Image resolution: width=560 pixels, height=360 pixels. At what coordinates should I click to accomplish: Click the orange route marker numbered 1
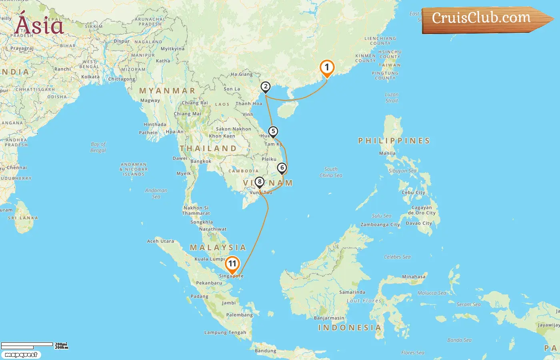327,68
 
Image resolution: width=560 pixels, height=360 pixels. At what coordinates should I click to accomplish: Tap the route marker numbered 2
265,87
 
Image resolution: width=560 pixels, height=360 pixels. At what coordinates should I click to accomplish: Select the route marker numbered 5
273,132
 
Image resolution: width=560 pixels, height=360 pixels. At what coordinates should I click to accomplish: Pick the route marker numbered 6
282,168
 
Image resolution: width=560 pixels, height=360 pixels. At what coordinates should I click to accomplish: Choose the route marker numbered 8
259,182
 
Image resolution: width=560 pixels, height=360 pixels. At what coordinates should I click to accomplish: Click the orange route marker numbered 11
232,264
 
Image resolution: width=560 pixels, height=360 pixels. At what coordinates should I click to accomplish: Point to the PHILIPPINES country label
394,141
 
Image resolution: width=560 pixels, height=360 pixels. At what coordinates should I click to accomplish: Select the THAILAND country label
208,148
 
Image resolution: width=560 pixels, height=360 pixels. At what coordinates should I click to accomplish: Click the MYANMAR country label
167,91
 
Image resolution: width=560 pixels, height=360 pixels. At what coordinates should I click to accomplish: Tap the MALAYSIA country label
218,248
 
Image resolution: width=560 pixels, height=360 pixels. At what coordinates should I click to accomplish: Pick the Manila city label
387,153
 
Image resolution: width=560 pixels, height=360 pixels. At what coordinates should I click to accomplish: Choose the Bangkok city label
201,162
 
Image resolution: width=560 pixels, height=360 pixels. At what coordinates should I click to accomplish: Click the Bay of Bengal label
98,147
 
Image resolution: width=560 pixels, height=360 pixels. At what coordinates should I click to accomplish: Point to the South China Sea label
331,172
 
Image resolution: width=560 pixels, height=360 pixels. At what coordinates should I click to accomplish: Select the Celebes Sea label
397,257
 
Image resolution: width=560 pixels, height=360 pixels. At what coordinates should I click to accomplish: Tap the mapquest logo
21,355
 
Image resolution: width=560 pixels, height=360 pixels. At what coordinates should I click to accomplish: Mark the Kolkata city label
90,77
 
